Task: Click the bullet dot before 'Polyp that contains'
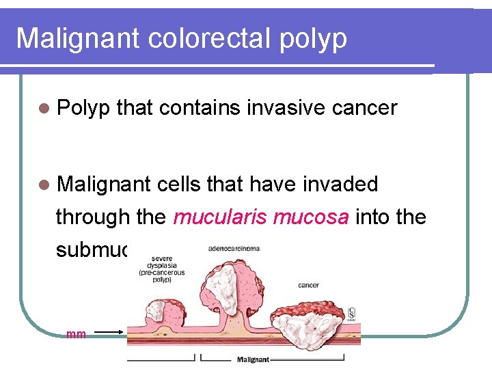(44, 108)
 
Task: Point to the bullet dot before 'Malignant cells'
(44, 184)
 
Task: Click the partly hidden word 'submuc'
(92, 250)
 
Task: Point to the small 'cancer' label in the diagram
(308, 285)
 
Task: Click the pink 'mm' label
(76, 334)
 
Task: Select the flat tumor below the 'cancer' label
(308, 321)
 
